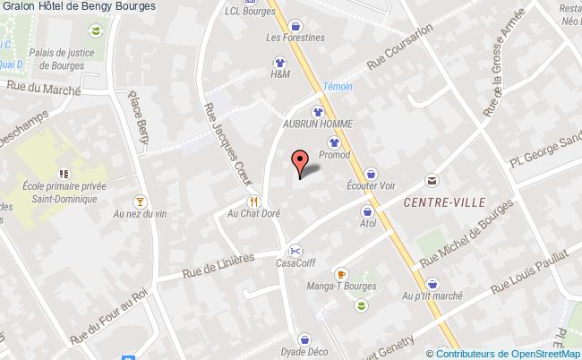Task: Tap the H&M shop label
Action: [279, 75]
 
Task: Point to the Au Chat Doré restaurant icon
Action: [254, 201]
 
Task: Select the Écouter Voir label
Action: [371, 186]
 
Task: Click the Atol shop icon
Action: [367, 211]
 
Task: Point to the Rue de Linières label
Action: [218, 262]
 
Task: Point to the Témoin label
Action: [338, 86]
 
